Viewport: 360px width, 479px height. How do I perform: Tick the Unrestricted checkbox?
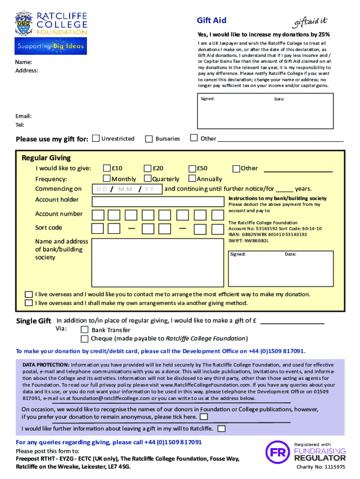coord(96,138)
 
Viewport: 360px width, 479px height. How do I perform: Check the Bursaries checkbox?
coord(149,139)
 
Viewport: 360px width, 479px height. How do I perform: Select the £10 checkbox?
coord(107,168)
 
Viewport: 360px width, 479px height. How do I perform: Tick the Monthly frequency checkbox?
coord(107,178)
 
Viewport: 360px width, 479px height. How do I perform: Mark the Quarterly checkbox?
coord(148,178)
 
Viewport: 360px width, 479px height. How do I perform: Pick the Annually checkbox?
coord(192,178)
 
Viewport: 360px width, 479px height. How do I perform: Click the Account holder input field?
coord(158,202)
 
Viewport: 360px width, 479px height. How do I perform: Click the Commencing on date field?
coord(127,189)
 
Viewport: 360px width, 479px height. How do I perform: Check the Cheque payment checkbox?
coord(85,339)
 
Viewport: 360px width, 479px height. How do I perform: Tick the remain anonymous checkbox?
coord(204,417)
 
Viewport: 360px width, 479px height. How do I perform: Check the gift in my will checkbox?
coord(222,428)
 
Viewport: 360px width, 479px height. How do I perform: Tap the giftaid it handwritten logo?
coord(311,22)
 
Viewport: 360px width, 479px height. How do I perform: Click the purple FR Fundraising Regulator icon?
coord(275,452)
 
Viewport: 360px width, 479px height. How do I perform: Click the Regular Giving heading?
coord(46,158)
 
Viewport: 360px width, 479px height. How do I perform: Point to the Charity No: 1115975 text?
coord(321,467)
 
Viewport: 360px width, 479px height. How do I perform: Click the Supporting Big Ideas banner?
coord(51,46)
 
